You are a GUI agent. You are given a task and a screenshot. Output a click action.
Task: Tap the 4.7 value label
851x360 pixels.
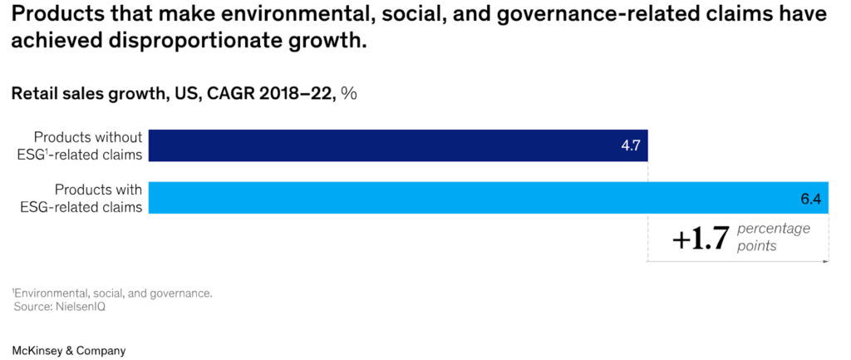[629, 146]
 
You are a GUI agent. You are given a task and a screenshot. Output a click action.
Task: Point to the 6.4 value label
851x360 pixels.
[811, 198]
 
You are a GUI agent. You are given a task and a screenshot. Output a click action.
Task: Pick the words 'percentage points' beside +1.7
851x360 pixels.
[772, 237]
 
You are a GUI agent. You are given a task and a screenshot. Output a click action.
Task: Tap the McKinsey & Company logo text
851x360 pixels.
[69, 350]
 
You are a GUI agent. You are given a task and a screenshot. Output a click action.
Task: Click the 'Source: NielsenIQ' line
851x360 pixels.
[60, 307]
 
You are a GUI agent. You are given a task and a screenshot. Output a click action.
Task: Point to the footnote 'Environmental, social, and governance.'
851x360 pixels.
[112, 293]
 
